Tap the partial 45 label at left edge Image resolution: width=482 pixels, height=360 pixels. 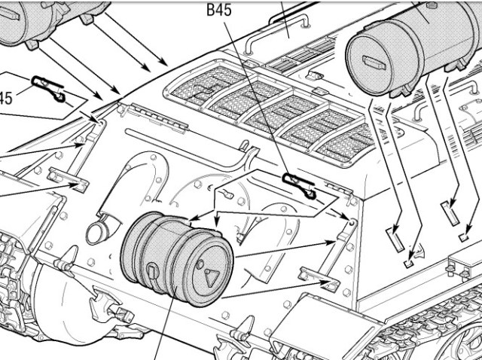[5, 98]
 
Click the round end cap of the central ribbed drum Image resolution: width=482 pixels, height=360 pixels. [208, 272]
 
